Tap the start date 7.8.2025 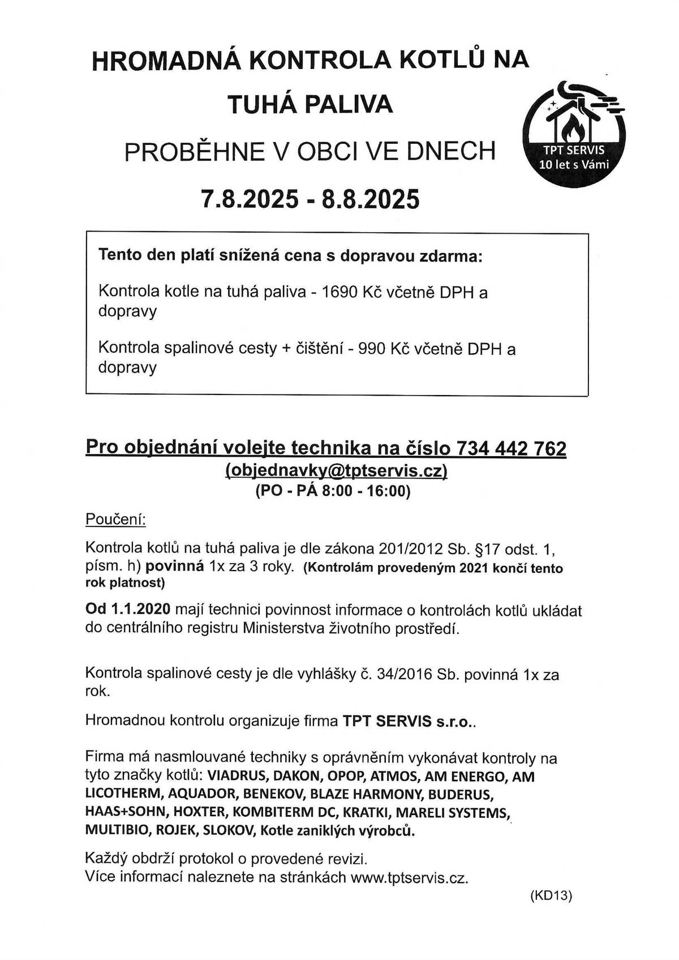250,199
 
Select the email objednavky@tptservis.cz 336,470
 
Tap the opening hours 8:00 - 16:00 366,491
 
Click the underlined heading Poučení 115,519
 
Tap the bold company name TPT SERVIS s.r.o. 409,722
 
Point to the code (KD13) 551,896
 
